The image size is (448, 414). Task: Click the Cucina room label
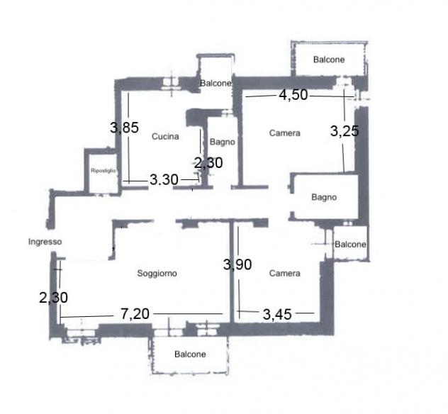click(x=165, y=136)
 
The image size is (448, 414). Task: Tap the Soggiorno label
click(x=157, y=274)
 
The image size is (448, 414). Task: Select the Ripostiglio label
click(x=103, y=171)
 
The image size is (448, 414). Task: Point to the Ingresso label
click(x=45, y=242)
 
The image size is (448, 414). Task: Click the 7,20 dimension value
click(x=135, y=314)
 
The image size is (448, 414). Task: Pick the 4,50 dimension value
click(x=293, y=95)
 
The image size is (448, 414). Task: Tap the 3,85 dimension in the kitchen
click(x=124, y=128)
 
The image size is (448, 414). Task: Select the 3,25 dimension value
click(x=345, y=131)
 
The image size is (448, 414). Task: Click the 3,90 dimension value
click(x=237, y=264)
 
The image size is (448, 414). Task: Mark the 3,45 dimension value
click(x=277, y=315)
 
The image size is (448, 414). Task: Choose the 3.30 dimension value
click(x=164, y=180)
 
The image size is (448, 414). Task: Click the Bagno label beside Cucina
click(x=223, y=142)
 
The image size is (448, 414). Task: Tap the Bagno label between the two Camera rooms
click(x=324, y=197)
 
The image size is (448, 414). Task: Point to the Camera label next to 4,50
click(x=284, y=133)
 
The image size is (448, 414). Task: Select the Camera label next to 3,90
click(x=284, y=274)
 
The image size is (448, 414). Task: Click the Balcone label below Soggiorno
click(x=190, y=354)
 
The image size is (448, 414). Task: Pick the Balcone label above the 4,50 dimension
click(x=329, y=60)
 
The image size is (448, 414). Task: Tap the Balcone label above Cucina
click(x=215, y=84)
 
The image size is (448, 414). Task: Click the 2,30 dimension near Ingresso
click(x=53, y=298)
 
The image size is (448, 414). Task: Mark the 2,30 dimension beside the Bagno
click(x=208, y=163)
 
